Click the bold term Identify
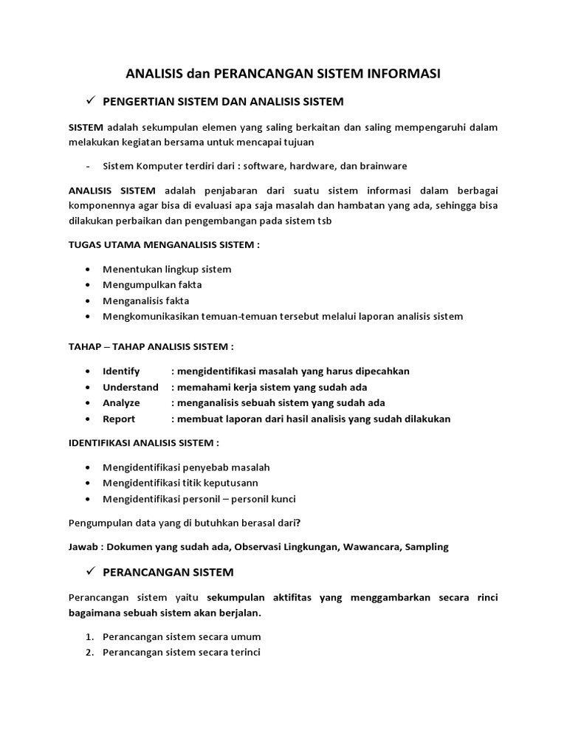tap(121, 371)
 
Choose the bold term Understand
tap(131, 388)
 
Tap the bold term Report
tap(119, 419)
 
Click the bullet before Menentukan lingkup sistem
tap(89, 269)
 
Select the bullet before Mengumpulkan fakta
tap(89, 285)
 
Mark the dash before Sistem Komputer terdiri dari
tap(88, 166)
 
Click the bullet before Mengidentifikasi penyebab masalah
tap(89, 467)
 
